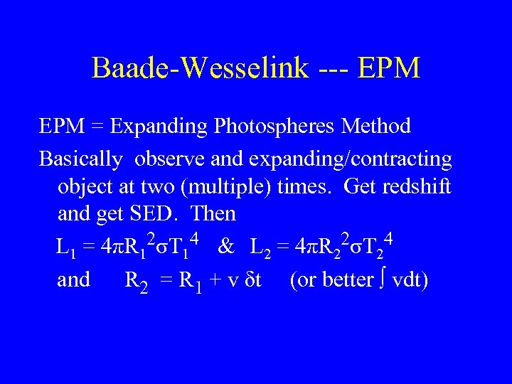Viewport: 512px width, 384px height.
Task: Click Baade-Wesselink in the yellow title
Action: click(x=201, y=68)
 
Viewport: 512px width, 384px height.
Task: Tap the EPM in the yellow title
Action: click(x=390, y=68)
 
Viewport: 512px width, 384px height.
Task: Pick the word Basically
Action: click(x=80, y=159)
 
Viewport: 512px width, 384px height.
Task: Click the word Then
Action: click(x=214, y=213)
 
